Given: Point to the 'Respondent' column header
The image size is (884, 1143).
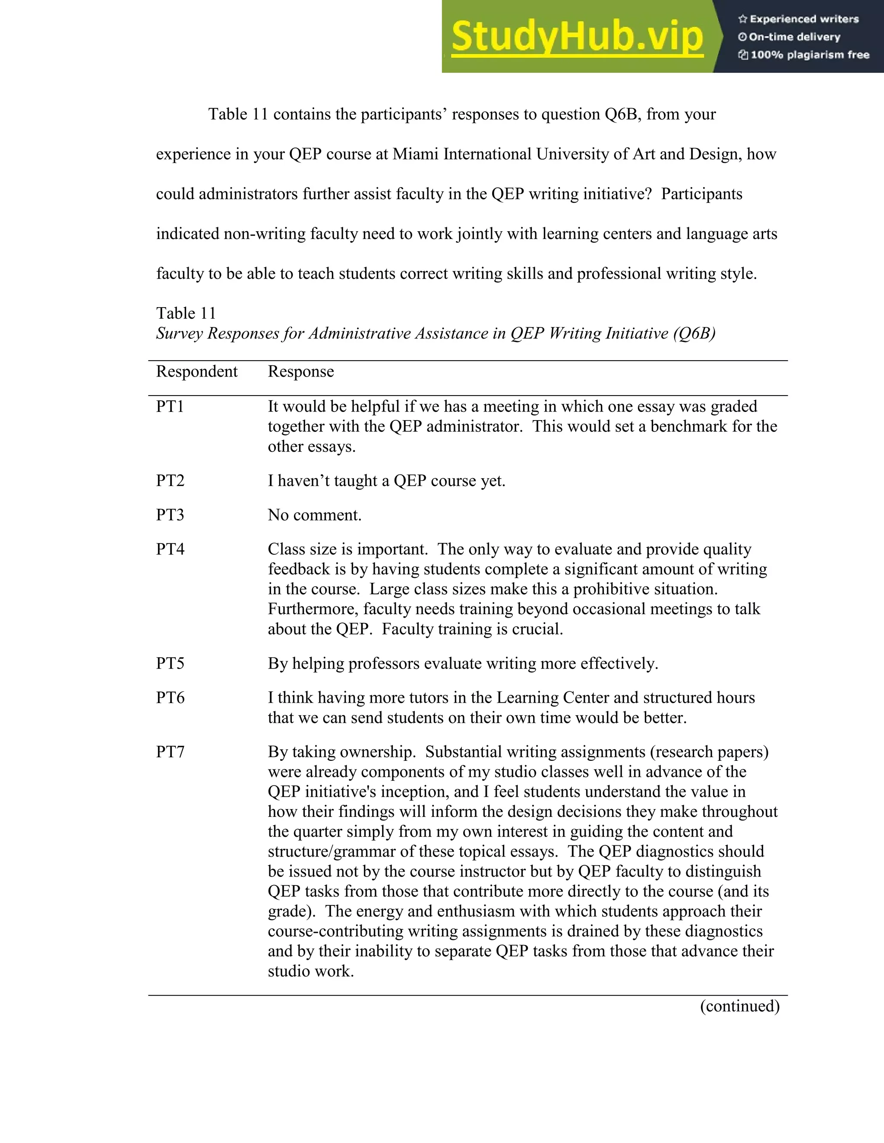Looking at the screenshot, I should click(196, 371).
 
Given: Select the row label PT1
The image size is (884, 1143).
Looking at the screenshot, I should click(170, 407).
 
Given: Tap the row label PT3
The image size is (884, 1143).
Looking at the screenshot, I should click(170, 515).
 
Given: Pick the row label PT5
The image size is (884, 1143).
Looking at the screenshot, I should click(170, 664).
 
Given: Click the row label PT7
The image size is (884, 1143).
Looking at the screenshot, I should click(170, 752).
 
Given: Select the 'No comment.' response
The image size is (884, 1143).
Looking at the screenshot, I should click(315, 515).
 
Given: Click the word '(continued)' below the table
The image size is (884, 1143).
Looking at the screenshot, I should click(739, 1006).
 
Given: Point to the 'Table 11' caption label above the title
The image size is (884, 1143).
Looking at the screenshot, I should click(186, 314).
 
